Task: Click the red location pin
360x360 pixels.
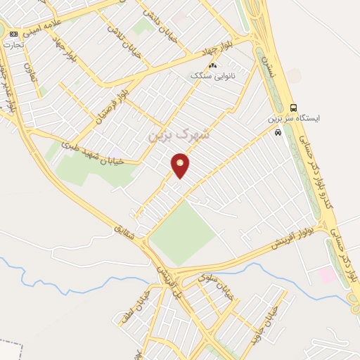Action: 181,165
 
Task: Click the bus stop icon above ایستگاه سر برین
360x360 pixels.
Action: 292,107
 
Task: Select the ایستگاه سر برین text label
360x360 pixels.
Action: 293,119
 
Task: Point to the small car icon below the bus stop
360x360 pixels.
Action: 279,131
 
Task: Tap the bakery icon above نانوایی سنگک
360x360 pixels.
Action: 212,65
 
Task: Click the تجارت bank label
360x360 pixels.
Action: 13,44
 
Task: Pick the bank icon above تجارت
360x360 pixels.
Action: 13,34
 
